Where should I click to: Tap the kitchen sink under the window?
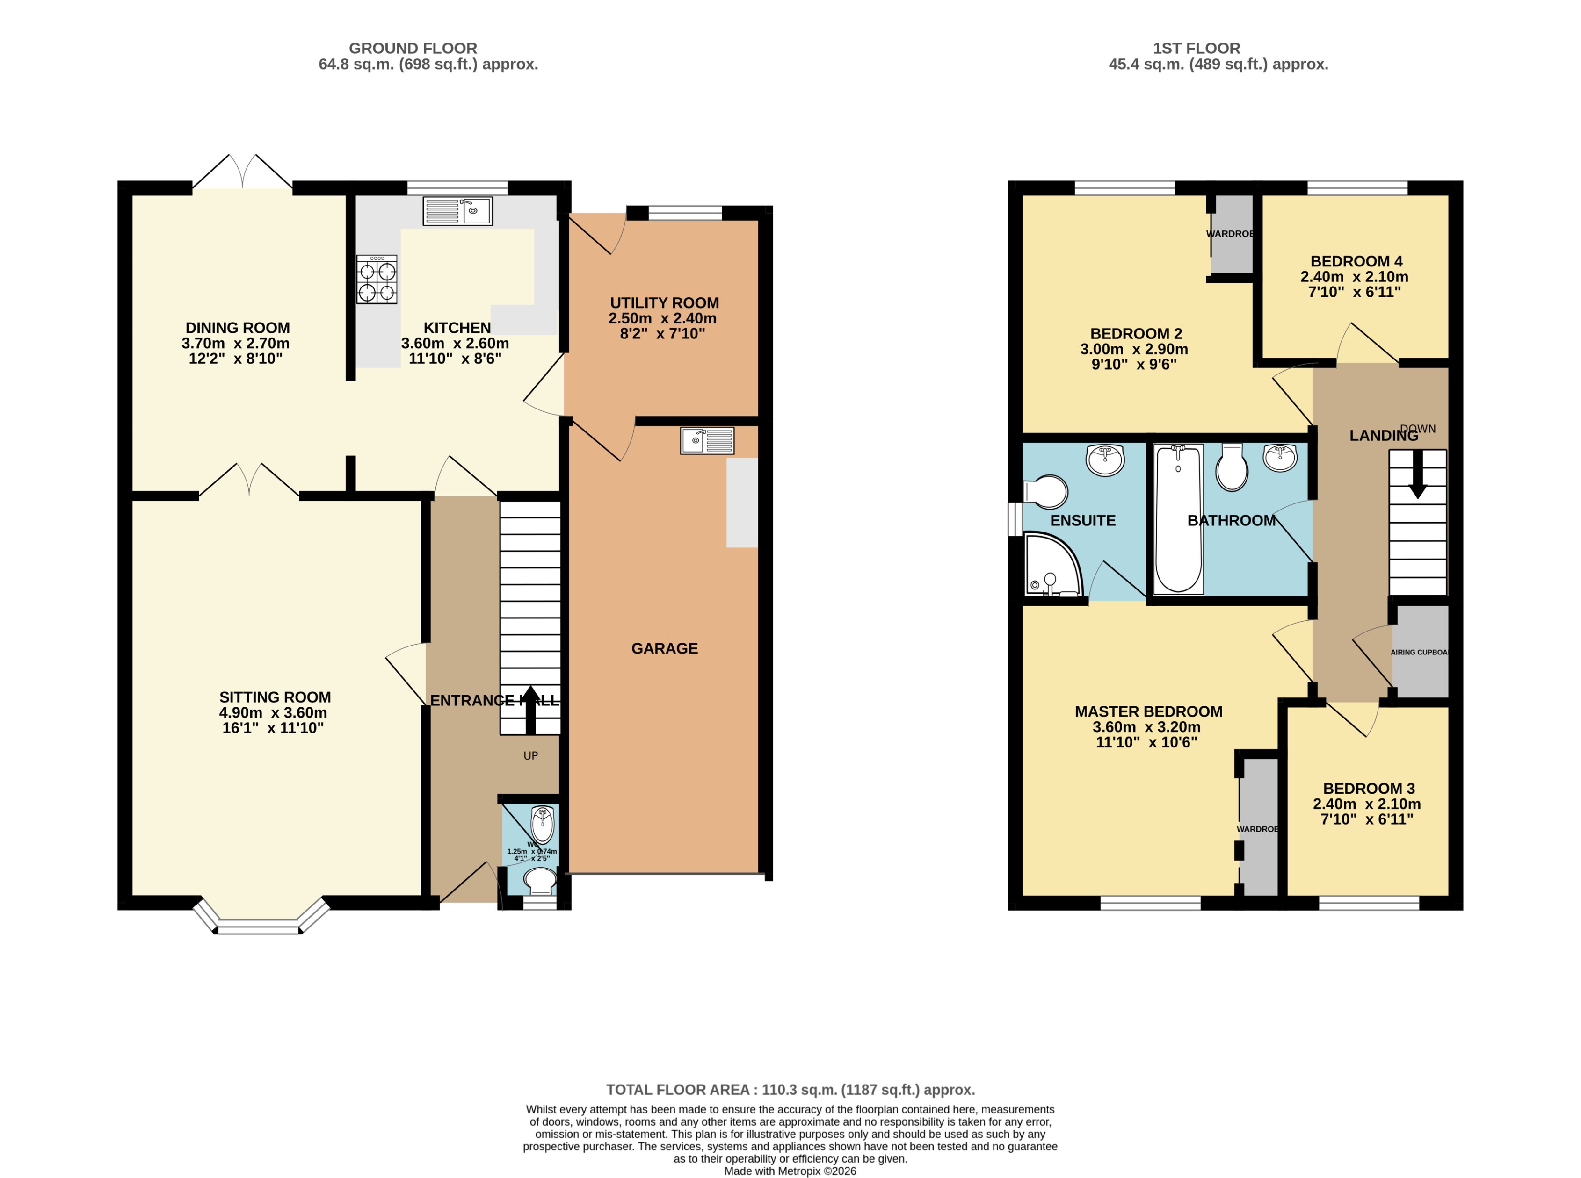coord(457,211)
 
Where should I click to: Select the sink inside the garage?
coord(706,441)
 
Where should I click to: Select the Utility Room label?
coord(664,303)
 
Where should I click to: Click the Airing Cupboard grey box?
coord(1421,652)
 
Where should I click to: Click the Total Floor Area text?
coord(790,1090)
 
